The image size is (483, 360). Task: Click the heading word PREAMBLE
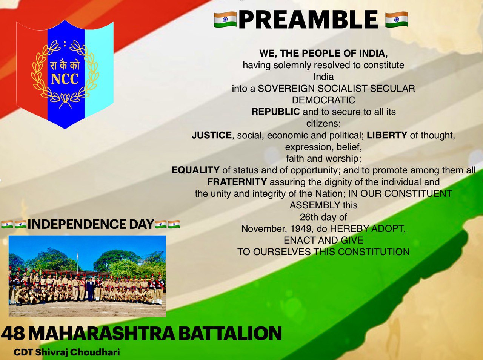(308, 20)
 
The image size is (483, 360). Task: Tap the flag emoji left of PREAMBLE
(225, 20)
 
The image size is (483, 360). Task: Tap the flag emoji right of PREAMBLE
(397, 20)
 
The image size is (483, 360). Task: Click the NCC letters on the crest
(65, 80)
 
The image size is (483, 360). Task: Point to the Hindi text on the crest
(65, 65)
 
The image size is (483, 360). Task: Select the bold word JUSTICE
(211, 135)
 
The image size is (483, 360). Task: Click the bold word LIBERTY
(387, 135)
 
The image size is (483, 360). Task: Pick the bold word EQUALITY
(195, 170)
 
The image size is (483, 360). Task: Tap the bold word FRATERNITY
(237, 182)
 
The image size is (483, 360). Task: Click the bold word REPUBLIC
(275, 112)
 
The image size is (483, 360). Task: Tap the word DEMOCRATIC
(323, 100)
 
